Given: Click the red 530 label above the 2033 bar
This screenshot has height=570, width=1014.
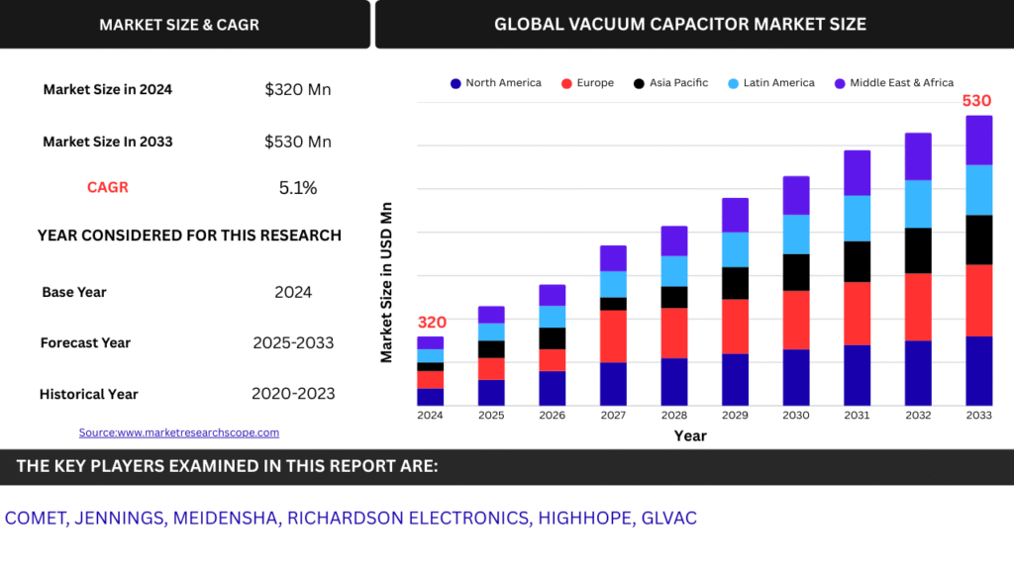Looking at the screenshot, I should [978, 101].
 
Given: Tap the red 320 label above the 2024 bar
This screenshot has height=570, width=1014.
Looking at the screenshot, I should [432, 322].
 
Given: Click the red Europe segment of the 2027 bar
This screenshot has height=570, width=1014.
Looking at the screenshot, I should [613, 336].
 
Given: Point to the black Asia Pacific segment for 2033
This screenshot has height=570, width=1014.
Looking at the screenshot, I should [978, 239].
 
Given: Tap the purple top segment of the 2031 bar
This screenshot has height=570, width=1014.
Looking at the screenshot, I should [857, 172].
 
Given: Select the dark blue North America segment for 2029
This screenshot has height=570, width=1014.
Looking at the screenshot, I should [735, 379].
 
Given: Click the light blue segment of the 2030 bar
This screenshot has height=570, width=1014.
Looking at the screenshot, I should [796, 234].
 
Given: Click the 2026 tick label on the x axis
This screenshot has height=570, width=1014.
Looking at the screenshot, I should [552, 416].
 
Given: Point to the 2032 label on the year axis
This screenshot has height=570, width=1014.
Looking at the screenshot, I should [918, 416].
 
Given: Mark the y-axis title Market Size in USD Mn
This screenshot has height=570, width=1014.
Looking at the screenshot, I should [387, 282].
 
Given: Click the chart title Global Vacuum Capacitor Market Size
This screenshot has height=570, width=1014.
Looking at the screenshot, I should [679, 24].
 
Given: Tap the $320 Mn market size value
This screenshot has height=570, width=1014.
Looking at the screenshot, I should [297, 90].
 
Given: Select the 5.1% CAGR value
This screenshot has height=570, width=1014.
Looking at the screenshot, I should [297, 188].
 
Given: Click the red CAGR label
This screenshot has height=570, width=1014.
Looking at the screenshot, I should [107, 187].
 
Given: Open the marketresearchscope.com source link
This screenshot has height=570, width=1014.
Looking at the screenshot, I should [179, 432].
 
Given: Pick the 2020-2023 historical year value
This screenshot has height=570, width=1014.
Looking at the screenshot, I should [293, 394].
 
